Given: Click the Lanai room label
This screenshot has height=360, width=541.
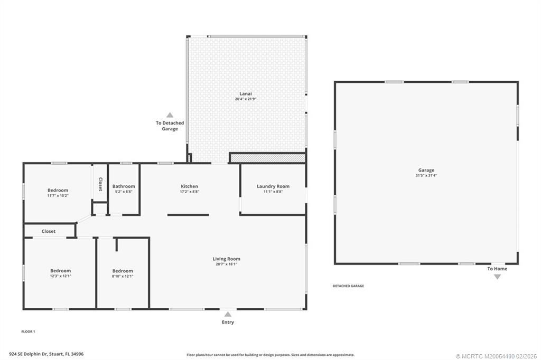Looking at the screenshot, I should [x=246, y=93].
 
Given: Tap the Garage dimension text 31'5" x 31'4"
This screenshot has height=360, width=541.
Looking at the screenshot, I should [x=426, y=175].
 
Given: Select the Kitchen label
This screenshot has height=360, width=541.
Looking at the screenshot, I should [x=189, y=186].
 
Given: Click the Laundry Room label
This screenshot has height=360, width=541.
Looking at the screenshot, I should [x=273, y=186].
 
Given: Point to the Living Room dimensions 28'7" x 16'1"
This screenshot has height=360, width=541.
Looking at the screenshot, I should [x=226, y=264].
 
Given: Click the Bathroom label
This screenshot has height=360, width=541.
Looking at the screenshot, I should [x=124, y=186].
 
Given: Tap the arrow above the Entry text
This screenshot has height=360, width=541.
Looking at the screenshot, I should [x=228, y=314].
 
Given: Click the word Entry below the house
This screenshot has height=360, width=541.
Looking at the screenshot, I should [x=228, y=322].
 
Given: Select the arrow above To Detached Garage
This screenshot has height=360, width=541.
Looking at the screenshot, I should [x=170, y=115].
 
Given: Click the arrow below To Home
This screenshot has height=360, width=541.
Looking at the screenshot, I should [x=497, y=277].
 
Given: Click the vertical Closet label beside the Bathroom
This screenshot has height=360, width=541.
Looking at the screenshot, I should [x=100, y=183].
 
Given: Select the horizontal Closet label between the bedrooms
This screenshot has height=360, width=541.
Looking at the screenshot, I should [x=49, y=231].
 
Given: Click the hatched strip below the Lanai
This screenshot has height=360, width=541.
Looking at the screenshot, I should [x=267, y=158].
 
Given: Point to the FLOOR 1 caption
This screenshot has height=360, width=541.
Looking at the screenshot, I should [x=28, y=331].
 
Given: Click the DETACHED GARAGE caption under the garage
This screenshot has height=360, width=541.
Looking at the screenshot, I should [x=348, y=286].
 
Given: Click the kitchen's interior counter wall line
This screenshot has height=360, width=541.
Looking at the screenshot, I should [x=188, y=215].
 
